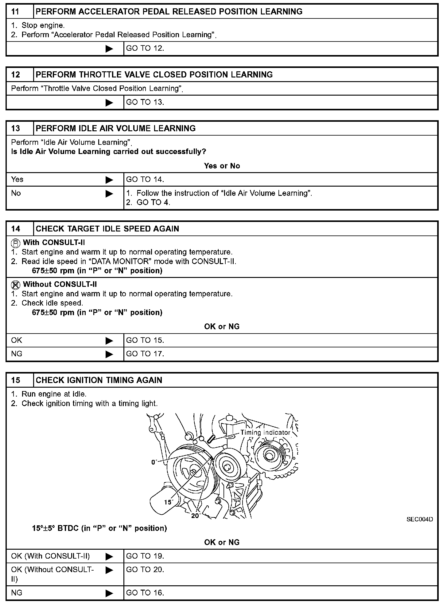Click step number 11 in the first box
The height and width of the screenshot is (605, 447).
15,12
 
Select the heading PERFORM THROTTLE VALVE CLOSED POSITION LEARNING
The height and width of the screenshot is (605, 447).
154,75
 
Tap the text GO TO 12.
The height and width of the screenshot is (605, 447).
145,49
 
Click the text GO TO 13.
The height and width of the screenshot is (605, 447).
145,102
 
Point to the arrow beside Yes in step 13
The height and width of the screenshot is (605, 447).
109,180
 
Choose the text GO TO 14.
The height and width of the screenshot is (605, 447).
145,180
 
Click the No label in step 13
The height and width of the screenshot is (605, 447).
16,193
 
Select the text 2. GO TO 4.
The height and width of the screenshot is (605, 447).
148,203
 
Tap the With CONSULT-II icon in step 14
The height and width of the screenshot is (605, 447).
16,243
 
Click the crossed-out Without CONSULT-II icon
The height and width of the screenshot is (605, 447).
16,285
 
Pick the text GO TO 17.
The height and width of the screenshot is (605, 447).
145,354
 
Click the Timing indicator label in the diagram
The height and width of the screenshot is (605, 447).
265,433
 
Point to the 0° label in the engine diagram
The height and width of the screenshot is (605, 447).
154,462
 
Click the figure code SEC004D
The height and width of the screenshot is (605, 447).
420,519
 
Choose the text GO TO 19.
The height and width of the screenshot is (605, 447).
145,556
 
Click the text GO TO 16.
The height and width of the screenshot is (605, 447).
145,593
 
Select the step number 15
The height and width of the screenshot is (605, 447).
15,380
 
